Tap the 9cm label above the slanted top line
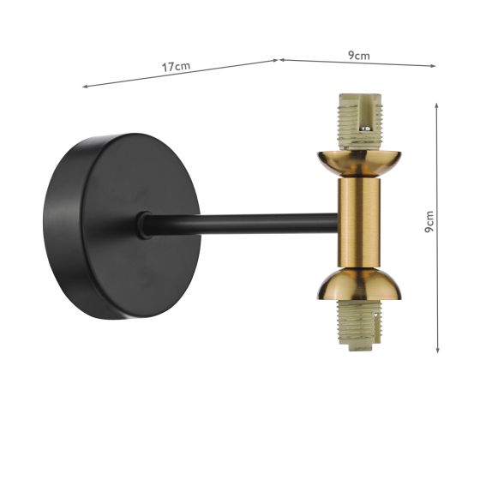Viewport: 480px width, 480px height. pyautogui.click(x=358, y=56)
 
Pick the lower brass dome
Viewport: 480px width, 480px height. pyautogui.click(x=358, y=286)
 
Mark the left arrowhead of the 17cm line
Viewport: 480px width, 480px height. pyautogui.click(x=84, y=87)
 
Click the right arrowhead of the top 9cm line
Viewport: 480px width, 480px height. pyautogui.click(x=434, y=65)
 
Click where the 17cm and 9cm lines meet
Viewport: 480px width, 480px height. pyautogui.click(x=279, y=59)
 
